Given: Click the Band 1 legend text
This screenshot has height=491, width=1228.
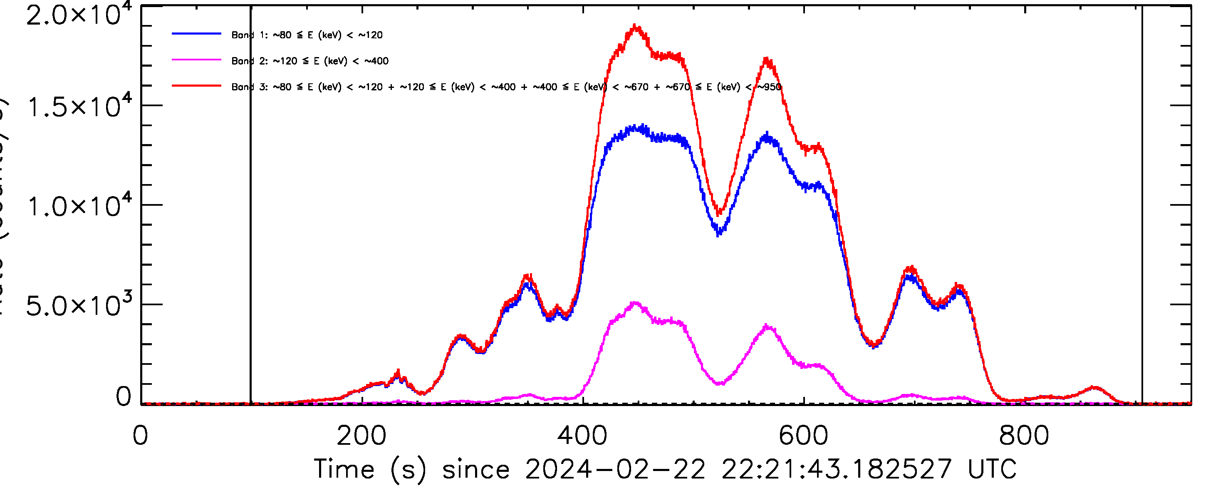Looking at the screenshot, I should click(x=307, y=35).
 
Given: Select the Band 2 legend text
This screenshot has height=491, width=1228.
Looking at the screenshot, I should click(x=310, y=61).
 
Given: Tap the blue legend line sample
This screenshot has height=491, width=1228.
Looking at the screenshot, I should click(x=196, y=34).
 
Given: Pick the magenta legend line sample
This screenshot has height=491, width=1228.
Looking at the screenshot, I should click(x=196, y=60).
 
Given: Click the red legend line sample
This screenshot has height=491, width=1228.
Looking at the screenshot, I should click(x=196, y=86).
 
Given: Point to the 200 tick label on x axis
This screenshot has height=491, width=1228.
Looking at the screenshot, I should click(x=361, y=436).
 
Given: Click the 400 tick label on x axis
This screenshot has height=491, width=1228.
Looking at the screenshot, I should click(x=582, y=436).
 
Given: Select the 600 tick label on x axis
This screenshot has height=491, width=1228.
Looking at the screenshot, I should click(x=804, y=436).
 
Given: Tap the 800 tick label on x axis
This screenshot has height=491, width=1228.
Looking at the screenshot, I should click(x=1025, y=436).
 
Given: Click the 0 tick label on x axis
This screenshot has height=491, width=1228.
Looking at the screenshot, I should click(x=141, y=436).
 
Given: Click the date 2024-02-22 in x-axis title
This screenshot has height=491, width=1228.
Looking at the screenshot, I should click(x=615, y=469).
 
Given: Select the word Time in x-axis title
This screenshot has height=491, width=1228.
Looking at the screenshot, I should click(x=344, y=469).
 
